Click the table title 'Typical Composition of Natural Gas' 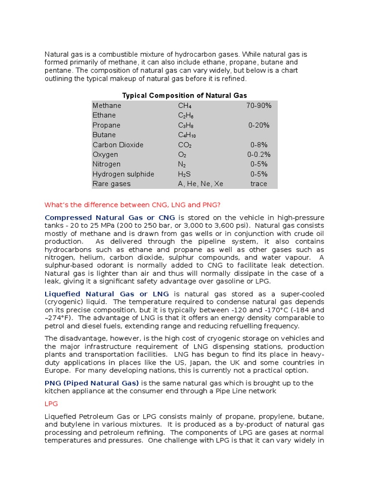click(184, 96)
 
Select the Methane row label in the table click(107, 106)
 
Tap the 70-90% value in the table click(258, 106)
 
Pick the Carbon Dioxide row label click(118, 145)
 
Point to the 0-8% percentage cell click(258, 145)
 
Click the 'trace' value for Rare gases click(258, 184)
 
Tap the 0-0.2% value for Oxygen click(258, 155)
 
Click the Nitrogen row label click(106, 164)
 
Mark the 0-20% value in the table click(258, 125)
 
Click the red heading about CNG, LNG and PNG click(132, 205)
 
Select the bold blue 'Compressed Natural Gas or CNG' click(110, 218)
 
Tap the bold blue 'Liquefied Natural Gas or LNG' click(107, 294)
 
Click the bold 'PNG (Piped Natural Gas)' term click(92, 383)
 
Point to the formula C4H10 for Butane click(187, 135)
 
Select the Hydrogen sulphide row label click(123, 174)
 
